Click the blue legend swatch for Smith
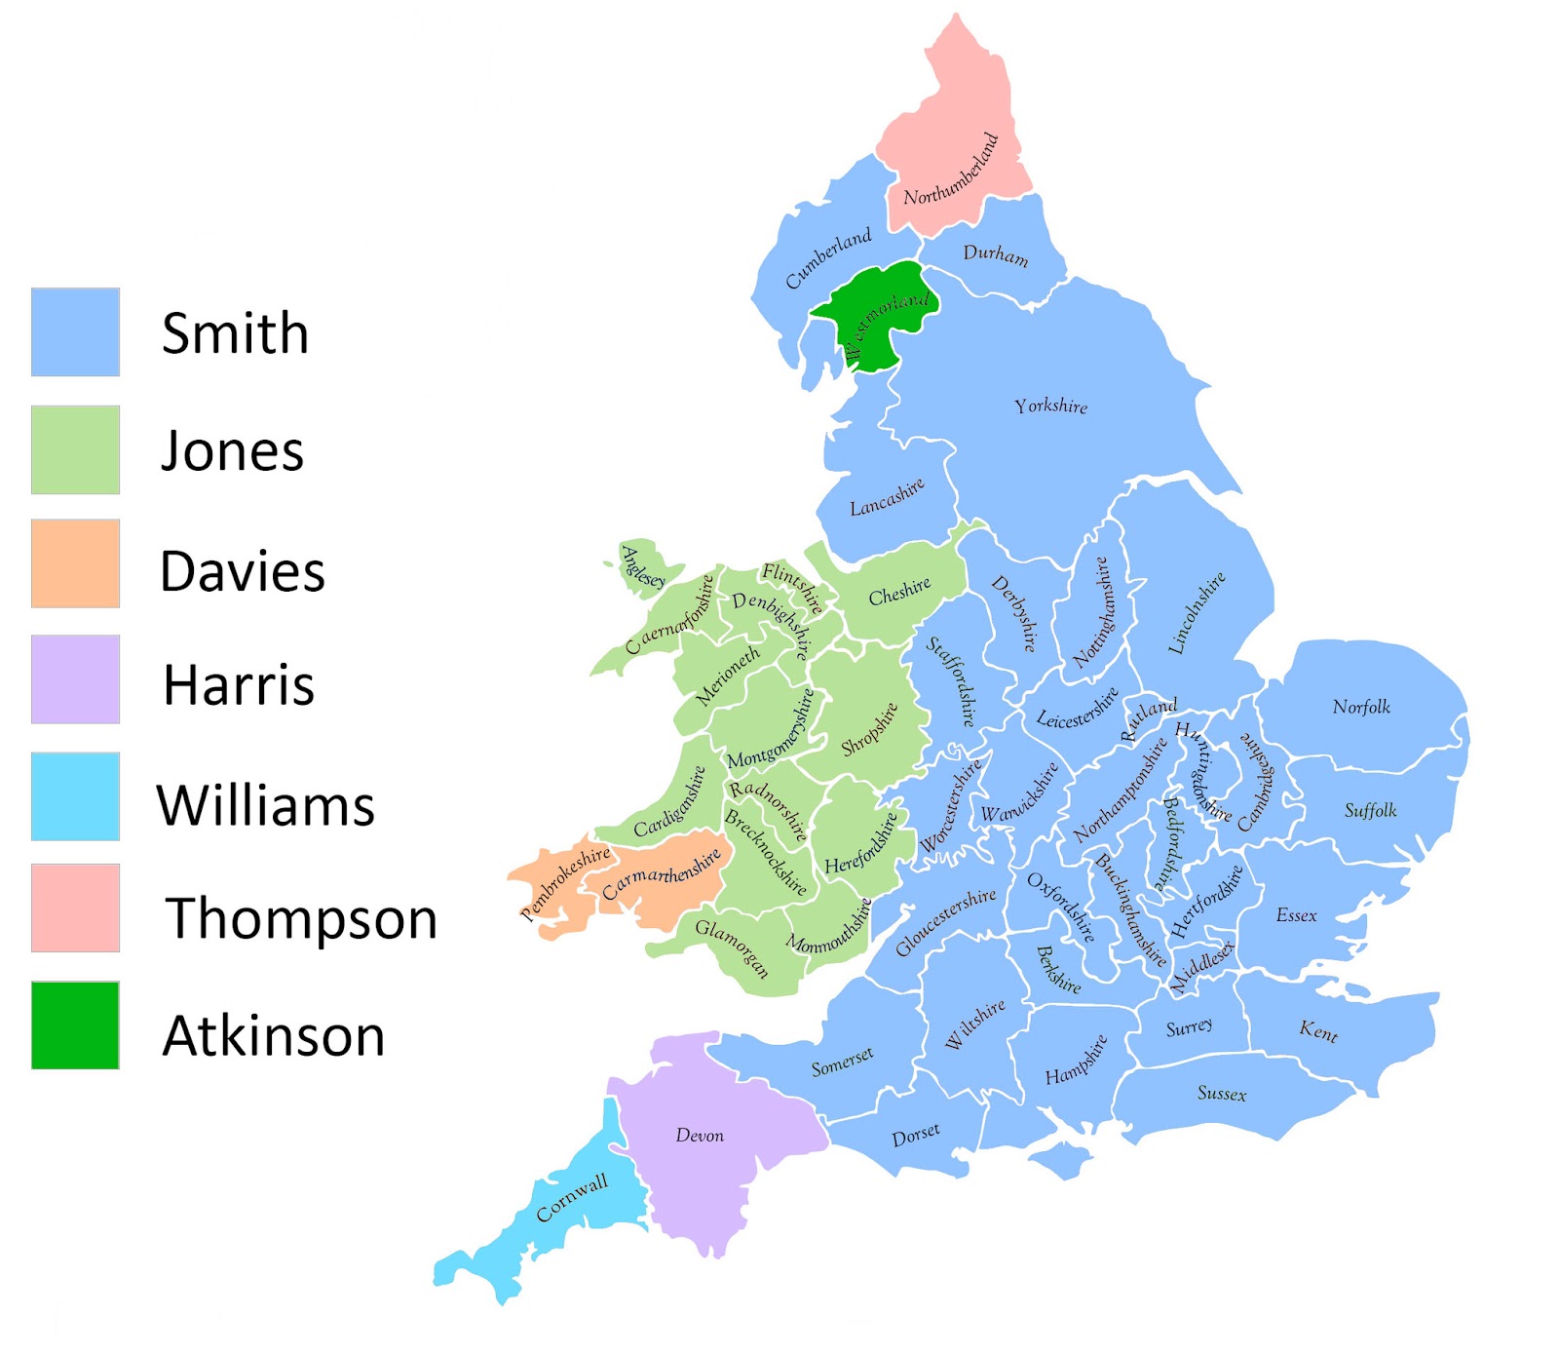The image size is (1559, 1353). point(75,331)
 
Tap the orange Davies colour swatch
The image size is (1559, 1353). point(75,563)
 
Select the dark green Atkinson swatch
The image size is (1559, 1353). point(75,1025)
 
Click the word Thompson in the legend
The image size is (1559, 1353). point(301,918)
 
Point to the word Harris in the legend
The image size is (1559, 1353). point(239,684)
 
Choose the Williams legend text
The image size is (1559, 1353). point(266,805)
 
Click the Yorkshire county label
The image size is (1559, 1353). point(1050,406)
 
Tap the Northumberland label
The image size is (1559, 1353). point(951,171)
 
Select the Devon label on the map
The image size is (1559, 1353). point(700,1136)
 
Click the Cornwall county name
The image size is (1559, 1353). point(572,1198)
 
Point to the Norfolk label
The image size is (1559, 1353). point(1361,707)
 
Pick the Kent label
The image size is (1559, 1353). point(1318,1030)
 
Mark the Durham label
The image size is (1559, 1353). point(995,254)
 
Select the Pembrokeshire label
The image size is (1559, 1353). point(565,882)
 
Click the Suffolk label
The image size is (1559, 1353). point(1370,810)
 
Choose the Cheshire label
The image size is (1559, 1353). point(899,592)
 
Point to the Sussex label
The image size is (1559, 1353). point(1222,1094)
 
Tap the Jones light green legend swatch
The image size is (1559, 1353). point(75,449)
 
